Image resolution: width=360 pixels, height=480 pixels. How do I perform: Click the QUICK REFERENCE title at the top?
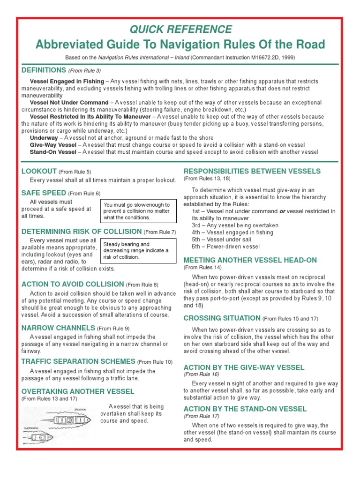pyautogui.click(x=180, y=30)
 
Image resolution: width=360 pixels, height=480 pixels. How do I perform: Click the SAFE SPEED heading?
pyautogui.click(x=44, y=193)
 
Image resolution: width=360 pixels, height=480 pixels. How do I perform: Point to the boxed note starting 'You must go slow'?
pyautogui.click(x=139, y=211)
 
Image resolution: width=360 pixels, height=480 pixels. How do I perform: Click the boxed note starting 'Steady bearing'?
pyautogui.click(x=139, y=251)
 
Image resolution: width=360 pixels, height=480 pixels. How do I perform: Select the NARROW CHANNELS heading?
pyautogui.click(x=58, y=328)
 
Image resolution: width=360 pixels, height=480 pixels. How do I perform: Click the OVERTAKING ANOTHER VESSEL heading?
pyautogui.click(x=78, y=391)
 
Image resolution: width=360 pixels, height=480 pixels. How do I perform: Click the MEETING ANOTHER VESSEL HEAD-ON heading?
pyautogui.click(x=250, y=260)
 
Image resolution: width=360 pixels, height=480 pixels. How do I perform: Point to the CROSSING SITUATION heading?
pyautogui.click(x=222, y=318)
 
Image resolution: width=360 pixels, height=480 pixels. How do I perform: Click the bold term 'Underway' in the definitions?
pyautogui.click(x=44, y=138)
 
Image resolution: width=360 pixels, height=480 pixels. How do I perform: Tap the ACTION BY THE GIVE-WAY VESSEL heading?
pyautogui.click(x=244, y=367)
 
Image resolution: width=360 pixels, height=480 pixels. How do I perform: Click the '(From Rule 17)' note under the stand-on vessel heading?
pyautogui.click(x=201, y=416)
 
